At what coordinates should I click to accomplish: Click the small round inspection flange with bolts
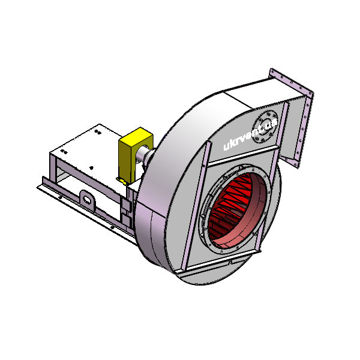265,127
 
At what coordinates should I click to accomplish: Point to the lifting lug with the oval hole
87,200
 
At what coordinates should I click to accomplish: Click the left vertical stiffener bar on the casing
196,206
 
